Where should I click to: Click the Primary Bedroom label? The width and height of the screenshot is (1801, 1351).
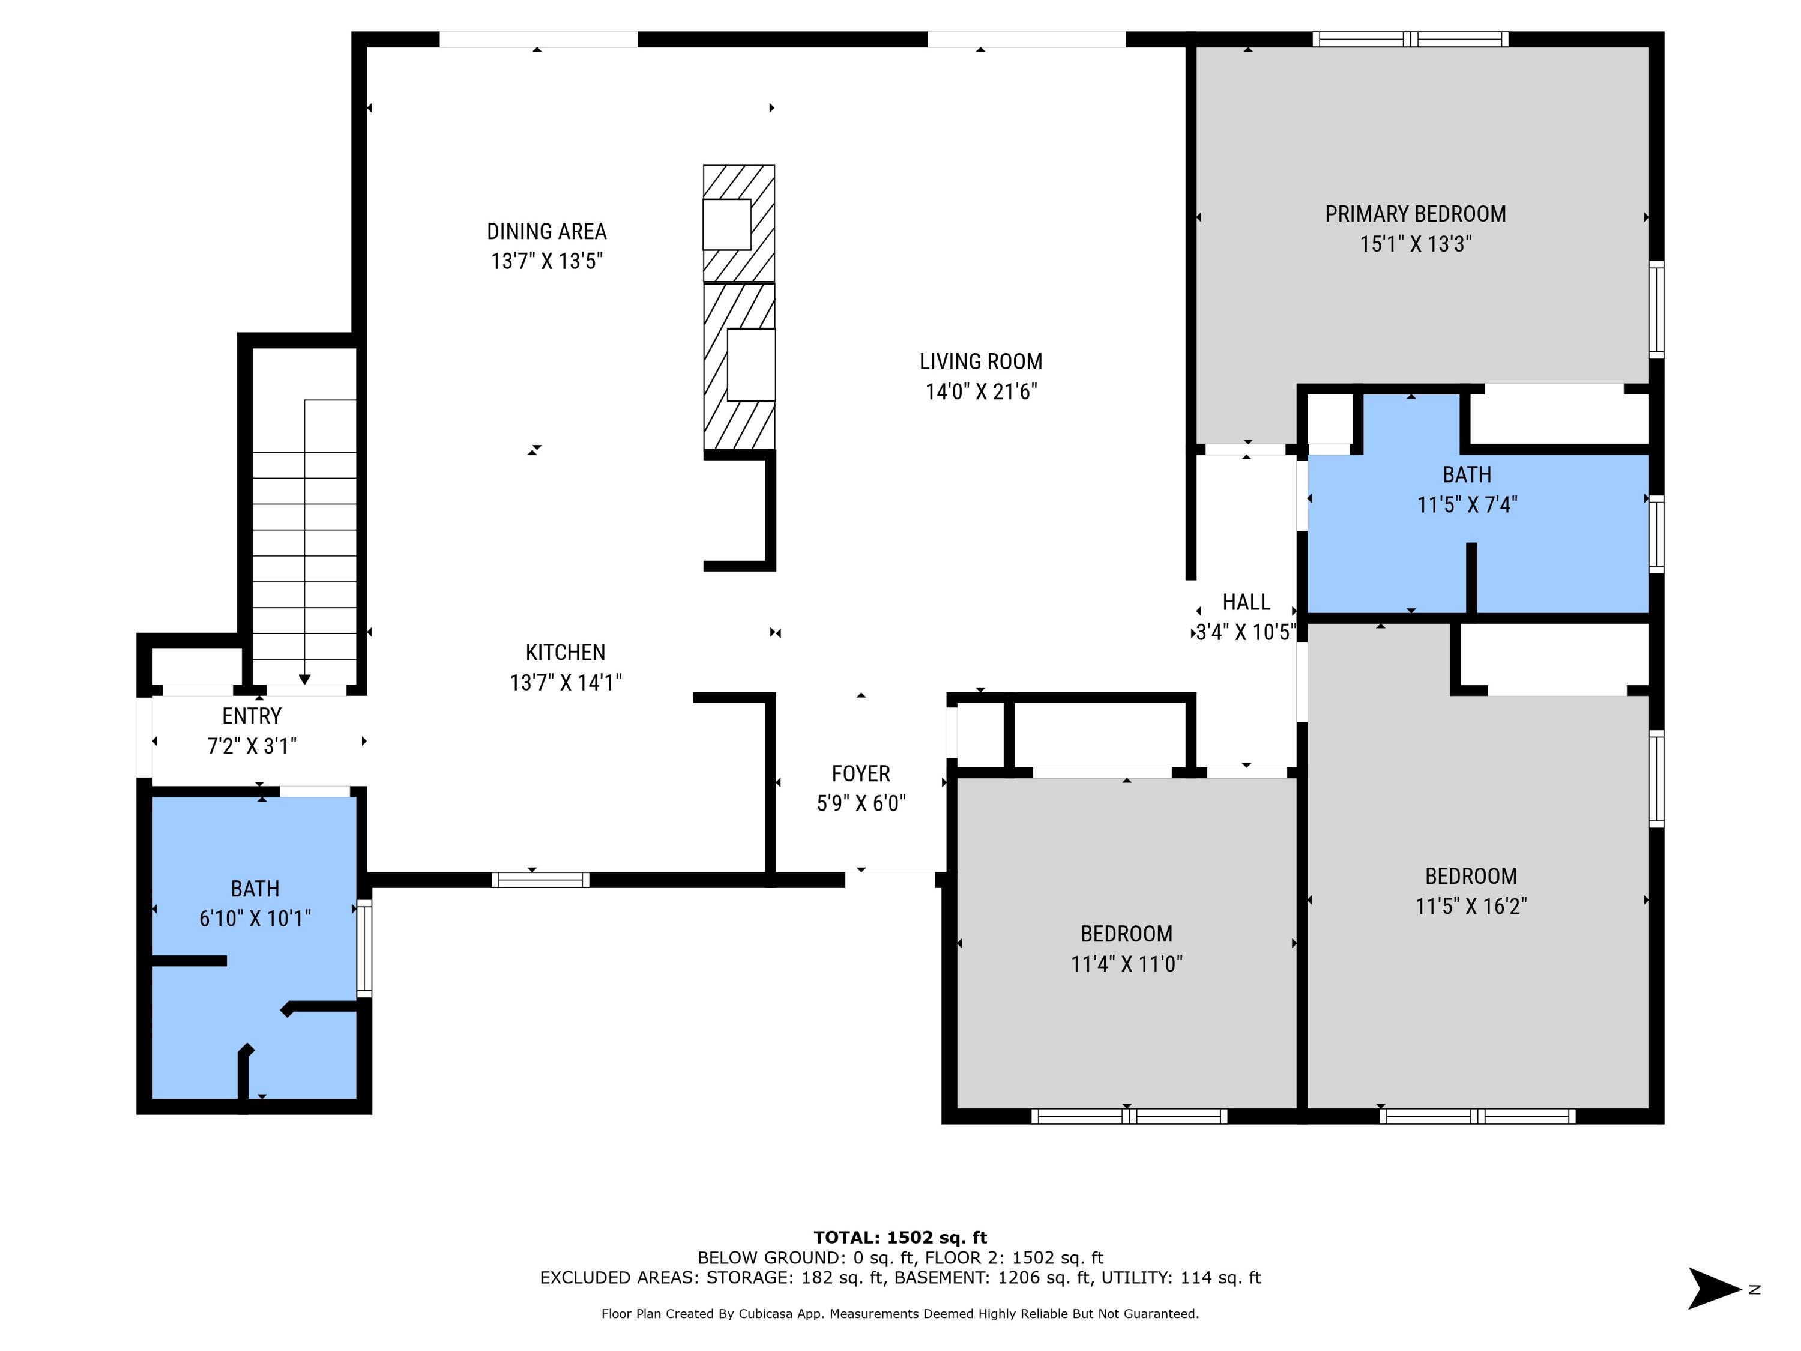click(x=1415, y=214)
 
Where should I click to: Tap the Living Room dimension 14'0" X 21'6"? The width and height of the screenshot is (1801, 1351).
click(x=981, y=391)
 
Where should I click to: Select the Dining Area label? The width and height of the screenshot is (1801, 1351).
click(x=546, y=231)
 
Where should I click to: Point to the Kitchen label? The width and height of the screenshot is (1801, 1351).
click(x=565, y=652)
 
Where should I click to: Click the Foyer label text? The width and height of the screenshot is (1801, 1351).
click(x=861, y=773)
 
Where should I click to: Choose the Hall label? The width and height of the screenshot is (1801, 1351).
click(x=1246, y=602)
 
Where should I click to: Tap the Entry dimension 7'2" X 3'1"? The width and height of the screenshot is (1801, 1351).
click(x=252, y=746)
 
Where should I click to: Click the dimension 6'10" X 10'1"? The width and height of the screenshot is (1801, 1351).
click(x=255, y=919)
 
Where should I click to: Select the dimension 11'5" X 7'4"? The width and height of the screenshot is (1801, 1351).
click(x=1467, y=505)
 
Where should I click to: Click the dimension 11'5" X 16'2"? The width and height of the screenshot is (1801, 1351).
click(x=1470, y=906)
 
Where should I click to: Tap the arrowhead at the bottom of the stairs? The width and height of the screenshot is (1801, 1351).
click(x=304, y=679)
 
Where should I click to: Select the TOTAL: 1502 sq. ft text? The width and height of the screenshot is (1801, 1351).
click(x=900, y=1238)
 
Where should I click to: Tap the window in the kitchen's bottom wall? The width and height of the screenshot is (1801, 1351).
click(x=540, y=880)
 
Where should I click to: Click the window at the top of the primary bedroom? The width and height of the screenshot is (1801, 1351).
click(x=1411, y=39)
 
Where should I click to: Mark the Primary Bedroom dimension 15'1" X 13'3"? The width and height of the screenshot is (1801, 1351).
click(x=1415, y=244)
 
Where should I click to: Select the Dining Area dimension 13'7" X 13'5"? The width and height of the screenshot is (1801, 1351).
click(x=546, y=261)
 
